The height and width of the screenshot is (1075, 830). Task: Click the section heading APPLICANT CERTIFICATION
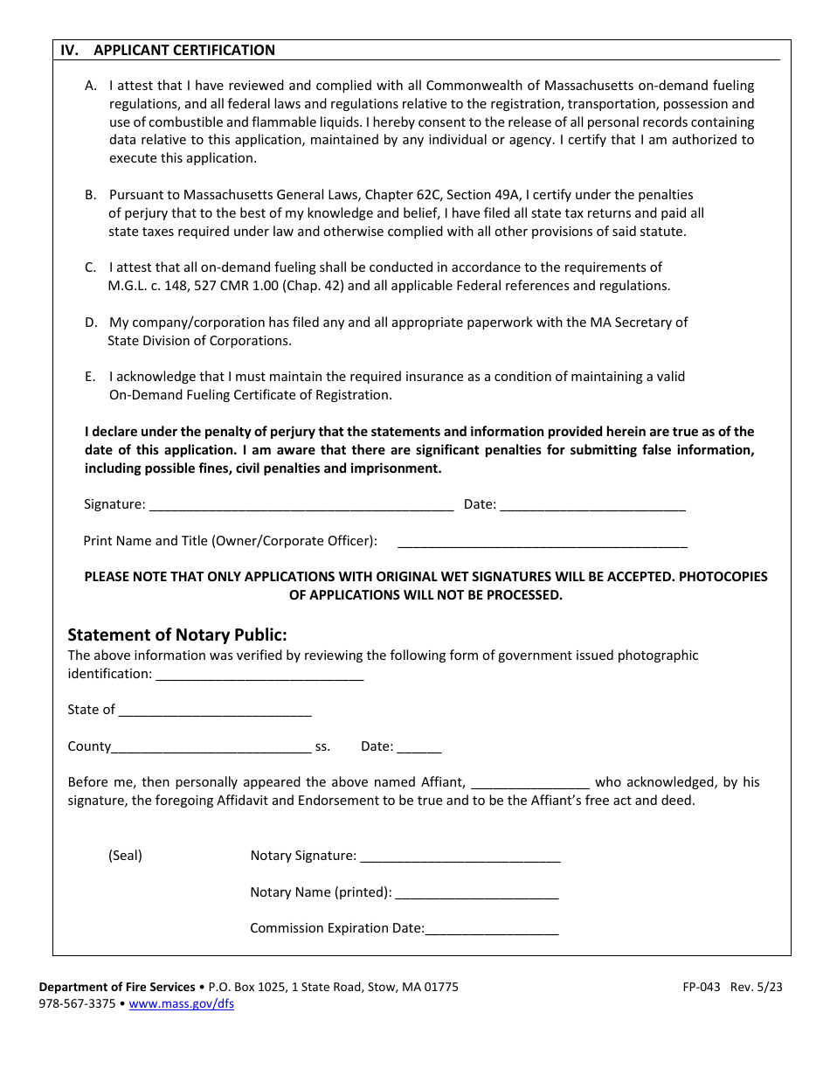[x=183, y=50]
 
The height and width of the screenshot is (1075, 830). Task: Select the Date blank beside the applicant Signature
[x=592, y=504]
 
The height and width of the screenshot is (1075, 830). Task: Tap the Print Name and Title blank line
[x=542, y=541]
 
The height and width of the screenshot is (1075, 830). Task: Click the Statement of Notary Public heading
[x=177, y=635]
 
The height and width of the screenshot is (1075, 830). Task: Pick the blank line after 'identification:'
[x=259, y=674]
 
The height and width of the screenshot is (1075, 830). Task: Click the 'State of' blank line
[x=215, y=710]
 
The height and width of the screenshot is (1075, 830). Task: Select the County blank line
[x=211, y=746]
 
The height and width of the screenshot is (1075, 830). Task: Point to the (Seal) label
[x=125, y=856]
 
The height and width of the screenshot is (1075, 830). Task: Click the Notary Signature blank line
[x=460, y=856]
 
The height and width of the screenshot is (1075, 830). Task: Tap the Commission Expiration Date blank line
[x=491, y=928]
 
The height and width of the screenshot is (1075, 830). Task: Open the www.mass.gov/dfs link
[x=181, y=1004]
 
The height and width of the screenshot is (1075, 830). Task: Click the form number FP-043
[x=702, y=987]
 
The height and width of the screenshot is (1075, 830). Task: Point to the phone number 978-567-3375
[x=77, y=1004]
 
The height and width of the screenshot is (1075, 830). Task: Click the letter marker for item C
[x=90, y=267]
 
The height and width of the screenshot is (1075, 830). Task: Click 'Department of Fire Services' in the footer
[x=117, y=987]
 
